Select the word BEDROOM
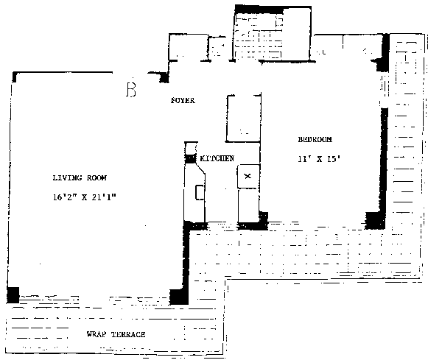point(315,140)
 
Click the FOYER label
point(183,101)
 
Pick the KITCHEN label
point(217,158)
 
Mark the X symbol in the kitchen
point(248,175)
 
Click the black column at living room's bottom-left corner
point(12,294)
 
